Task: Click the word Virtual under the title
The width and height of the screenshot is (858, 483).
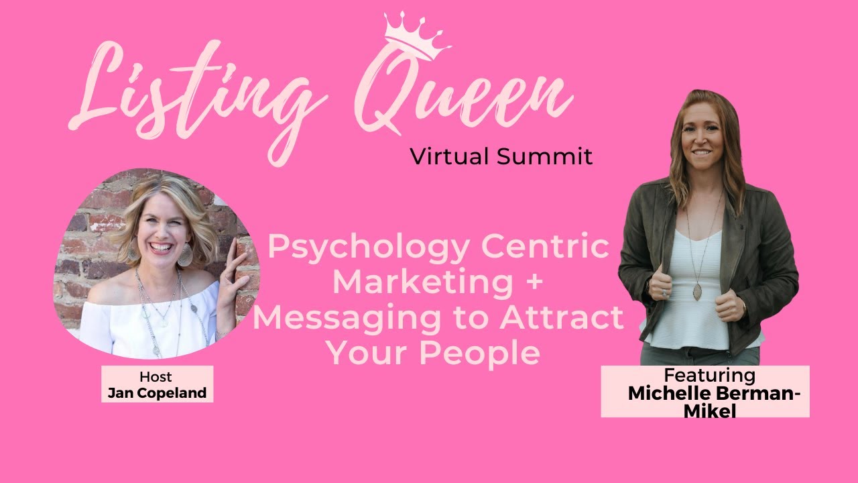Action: click(450, 156)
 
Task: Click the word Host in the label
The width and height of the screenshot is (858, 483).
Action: click(156, 376)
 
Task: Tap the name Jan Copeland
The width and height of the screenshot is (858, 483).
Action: click(157, 392)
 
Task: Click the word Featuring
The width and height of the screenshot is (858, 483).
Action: click(709, 375)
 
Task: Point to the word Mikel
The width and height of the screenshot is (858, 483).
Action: click(709, 411)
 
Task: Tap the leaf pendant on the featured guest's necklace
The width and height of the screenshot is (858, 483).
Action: click(697, 292)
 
